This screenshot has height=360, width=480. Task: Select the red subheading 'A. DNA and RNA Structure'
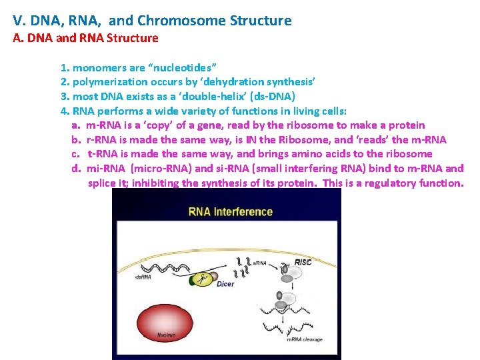tap(86, 38)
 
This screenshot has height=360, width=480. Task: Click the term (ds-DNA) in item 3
tap(269, 97)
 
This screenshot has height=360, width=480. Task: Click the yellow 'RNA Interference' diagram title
tap(230, 212)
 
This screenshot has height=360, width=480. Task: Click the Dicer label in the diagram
tap(225, 284)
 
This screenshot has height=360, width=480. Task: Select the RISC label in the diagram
tap(303, 263)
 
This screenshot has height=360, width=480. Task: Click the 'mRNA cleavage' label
tap(304, 340)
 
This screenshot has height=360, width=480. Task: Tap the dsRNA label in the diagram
tap(143, 277)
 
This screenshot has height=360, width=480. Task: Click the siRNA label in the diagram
tap(260, 263)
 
